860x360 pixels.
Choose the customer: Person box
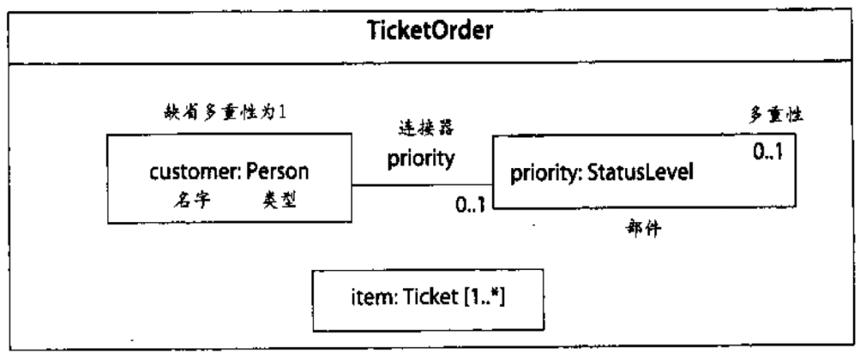click(x=228, y=179)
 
